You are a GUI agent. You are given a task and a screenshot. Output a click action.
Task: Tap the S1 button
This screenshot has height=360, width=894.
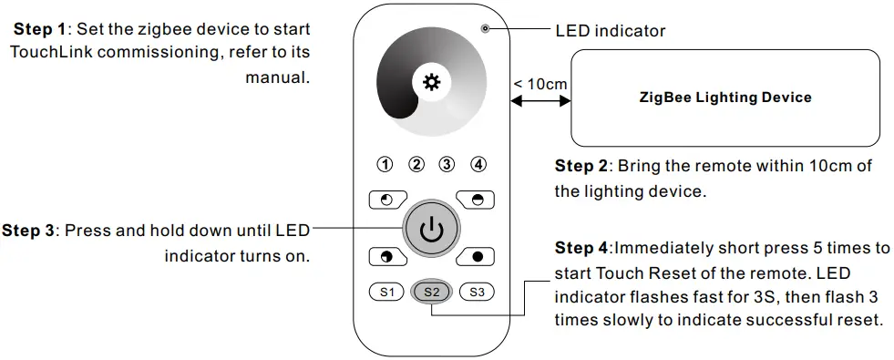pos(386,292)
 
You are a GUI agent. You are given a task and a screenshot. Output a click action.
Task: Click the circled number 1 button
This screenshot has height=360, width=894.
pos(385,165)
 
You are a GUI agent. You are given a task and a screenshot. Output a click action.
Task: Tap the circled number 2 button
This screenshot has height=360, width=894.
pos(416,165)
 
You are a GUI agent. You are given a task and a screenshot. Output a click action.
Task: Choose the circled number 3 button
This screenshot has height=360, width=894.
pos(447,165)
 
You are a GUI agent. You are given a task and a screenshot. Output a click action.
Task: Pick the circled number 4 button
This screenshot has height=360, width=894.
pos(478,165)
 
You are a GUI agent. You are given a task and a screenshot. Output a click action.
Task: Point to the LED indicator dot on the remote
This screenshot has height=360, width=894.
pos(487,29)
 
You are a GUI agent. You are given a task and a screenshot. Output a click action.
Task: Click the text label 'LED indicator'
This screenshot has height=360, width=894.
pos(610,31)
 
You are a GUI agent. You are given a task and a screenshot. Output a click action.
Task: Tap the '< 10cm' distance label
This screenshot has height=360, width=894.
pos(539,83)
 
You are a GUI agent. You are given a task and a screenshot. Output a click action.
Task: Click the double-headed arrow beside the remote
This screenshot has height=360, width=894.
pos(539,102)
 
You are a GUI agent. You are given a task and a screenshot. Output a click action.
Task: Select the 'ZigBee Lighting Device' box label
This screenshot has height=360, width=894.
pos(724,98)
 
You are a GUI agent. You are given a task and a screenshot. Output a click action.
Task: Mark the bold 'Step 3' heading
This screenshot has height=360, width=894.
pos(28,230)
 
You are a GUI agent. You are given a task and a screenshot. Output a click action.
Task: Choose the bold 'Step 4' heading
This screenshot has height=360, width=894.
pos(584,249)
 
